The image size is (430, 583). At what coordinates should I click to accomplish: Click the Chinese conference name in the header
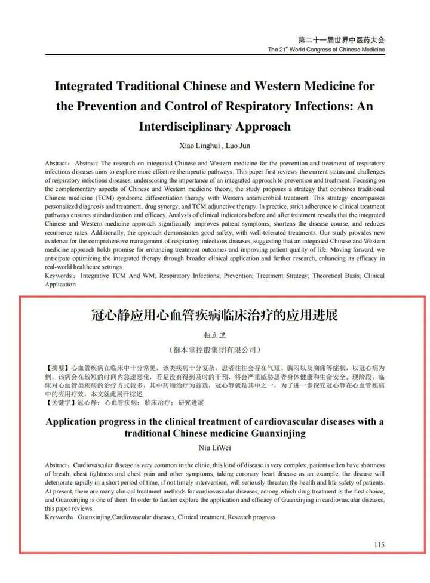pyautogui.click(x=341, y=39)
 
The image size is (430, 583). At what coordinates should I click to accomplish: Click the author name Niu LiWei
pyautogui.click(x=214, y=447)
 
